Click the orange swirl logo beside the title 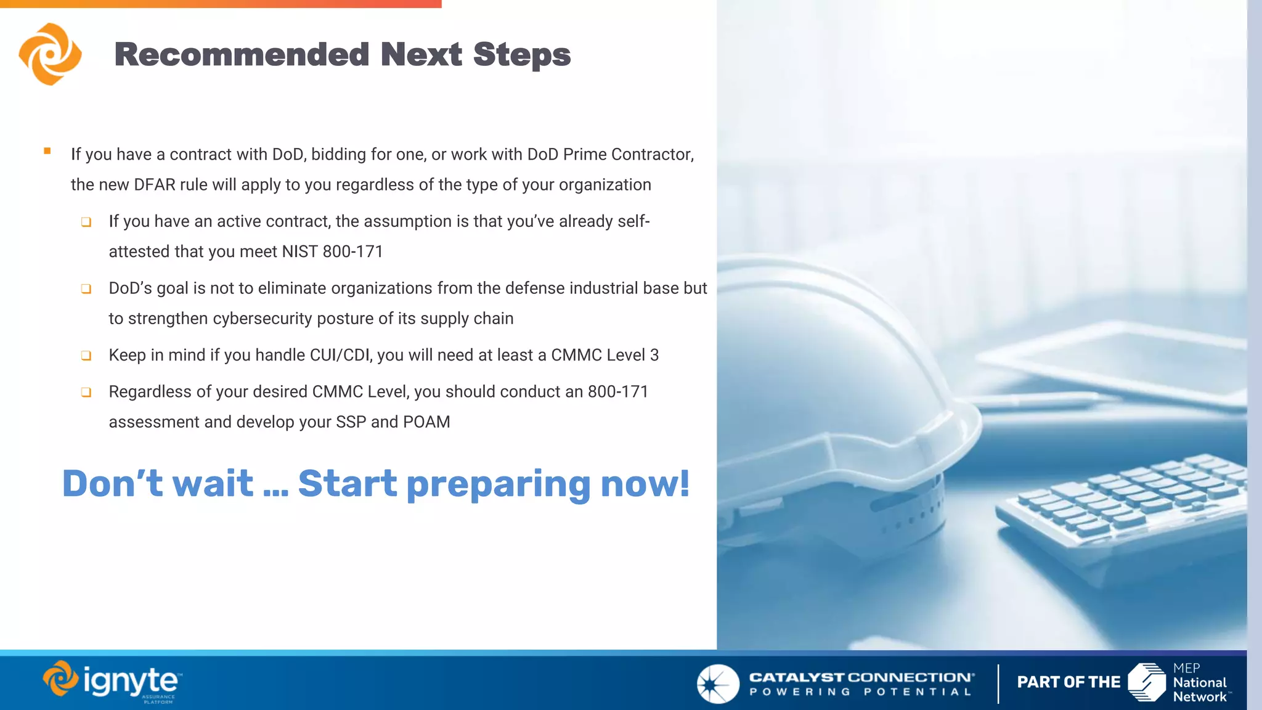[x=50, y=54]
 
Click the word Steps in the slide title [x=521, y=55]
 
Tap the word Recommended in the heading [x=242, y=55]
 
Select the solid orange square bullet [x=47, y=151]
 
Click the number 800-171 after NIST [x=352, y=252]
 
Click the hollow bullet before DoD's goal [x=86, y=289]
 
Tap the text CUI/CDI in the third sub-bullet [x=341, y=356]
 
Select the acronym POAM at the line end [x=426, y=422]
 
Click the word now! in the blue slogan [x=645, y=484]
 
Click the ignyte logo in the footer [x=112, y=682]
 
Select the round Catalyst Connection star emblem [x=718, y=683]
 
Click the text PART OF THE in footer [x=1069, y=682]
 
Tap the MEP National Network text [x=1199, y=683]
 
